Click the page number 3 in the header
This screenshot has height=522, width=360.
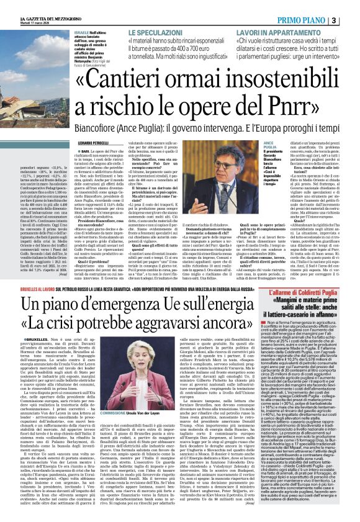pos(352,20)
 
